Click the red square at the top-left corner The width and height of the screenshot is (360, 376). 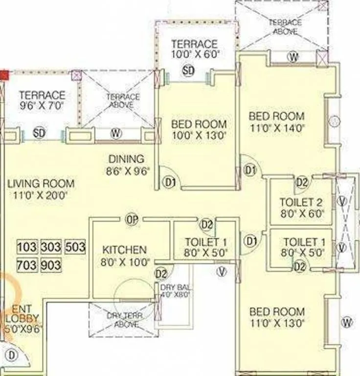coord(4,75)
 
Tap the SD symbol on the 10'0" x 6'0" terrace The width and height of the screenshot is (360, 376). coord(188,70)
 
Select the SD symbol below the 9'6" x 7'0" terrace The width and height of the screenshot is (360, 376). coord(39,133)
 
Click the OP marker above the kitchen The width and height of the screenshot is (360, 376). coord(131,219)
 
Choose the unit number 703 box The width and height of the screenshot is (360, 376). coord(27,265)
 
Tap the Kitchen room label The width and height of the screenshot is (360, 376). coord(124,250)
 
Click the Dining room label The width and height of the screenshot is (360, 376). coord(127,159)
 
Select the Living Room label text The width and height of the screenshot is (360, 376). coord(41,184)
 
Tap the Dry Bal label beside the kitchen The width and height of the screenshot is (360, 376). coord(175,287)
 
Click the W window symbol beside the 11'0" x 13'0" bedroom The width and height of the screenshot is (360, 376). coord(347,322)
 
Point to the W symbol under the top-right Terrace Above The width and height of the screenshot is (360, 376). coord(292,57)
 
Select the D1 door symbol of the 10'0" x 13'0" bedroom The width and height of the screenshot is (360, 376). coord(169,182)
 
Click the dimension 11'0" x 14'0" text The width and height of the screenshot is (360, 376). coord(277,128)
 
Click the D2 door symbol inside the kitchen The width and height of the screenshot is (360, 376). coord(161,273)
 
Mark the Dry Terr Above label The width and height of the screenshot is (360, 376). coord(125,320)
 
